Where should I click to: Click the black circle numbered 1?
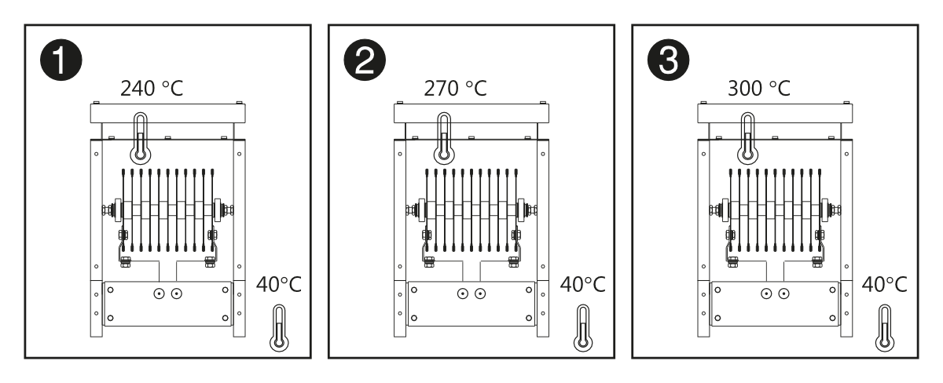coord(61,60)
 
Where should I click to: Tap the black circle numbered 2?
coord(365,60)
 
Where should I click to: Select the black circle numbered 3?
coord(668,60)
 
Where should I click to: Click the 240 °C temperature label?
coord(152,88)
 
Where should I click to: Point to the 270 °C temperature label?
coord(455,88)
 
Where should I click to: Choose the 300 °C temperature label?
coord(759,88)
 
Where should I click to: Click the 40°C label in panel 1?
coord(279,285)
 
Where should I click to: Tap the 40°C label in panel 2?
coord(582,285)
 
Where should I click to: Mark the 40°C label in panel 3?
coord(885,285)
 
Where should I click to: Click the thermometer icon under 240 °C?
coord(141,138)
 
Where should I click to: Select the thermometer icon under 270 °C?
coord(444,138)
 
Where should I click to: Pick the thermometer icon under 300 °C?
coord(747,138)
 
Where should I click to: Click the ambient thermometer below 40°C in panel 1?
coord(279,328)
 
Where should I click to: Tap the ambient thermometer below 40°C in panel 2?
coord(583,328)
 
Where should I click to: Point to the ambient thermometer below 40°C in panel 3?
coord(885,328)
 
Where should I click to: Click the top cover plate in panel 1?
coord(168,114)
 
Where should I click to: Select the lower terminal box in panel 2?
coord(472,304)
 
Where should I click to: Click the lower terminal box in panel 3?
coord(775,304)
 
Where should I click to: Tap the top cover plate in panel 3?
coord(775,114)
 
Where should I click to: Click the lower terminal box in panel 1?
coord(167,304)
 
